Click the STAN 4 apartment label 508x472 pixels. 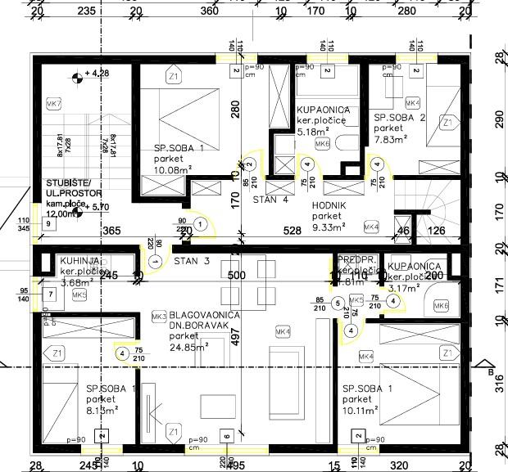coord(270,199)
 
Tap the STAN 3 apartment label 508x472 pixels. coord(192,261)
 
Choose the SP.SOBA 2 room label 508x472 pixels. coord(400,118)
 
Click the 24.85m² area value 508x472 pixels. coord(188,346)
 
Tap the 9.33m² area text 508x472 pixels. coord(328,227)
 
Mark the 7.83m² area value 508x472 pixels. coord(391,139)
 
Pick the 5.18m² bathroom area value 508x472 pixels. coord(313,131)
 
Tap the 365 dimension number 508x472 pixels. coord(111,232)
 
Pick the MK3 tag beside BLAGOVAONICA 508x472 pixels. coord(159,315)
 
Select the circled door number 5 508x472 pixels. coord(338,303)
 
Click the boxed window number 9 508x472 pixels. coord(49,224)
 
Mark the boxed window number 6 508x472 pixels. coord(227,435)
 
